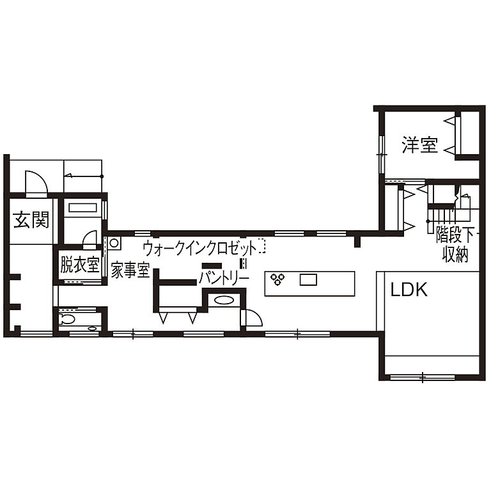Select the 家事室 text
(130, 270)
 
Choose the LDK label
(409, 290)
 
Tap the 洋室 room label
(419, 145)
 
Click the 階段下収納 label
(455, 244)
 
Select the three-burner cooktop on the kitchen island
(278, 279)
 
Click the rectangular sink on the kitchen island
(308, 279)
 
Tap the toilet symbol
(67, 318)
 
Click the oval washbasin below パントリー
(224, 300)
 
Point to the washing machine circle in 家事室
(115, 243)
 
